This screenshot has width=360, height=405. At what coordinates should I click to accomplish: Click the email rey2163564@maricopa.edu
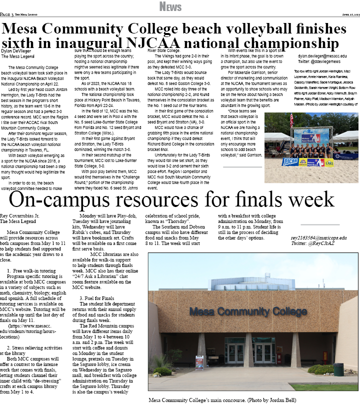[x=318, y=237]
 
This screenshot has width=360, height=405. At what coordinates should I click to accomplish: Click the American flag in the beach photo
[x=291, y=120]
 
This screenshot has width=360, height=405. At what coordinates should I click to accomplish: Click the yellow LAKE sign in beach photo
[x=329, y=162]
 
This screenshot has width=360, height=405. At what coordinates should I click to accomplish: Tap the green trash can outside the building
[x=338, y=369]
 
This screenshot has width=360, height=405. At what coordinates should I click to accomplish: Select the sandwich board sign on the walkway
[x=199, y=362]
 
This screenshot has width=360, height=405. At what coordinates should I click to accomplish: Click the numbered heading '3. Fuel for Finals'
[x=97, y=298]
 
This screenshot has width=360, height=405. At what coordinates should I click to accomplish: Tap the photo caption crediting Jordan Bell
[x=222, y=400]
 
